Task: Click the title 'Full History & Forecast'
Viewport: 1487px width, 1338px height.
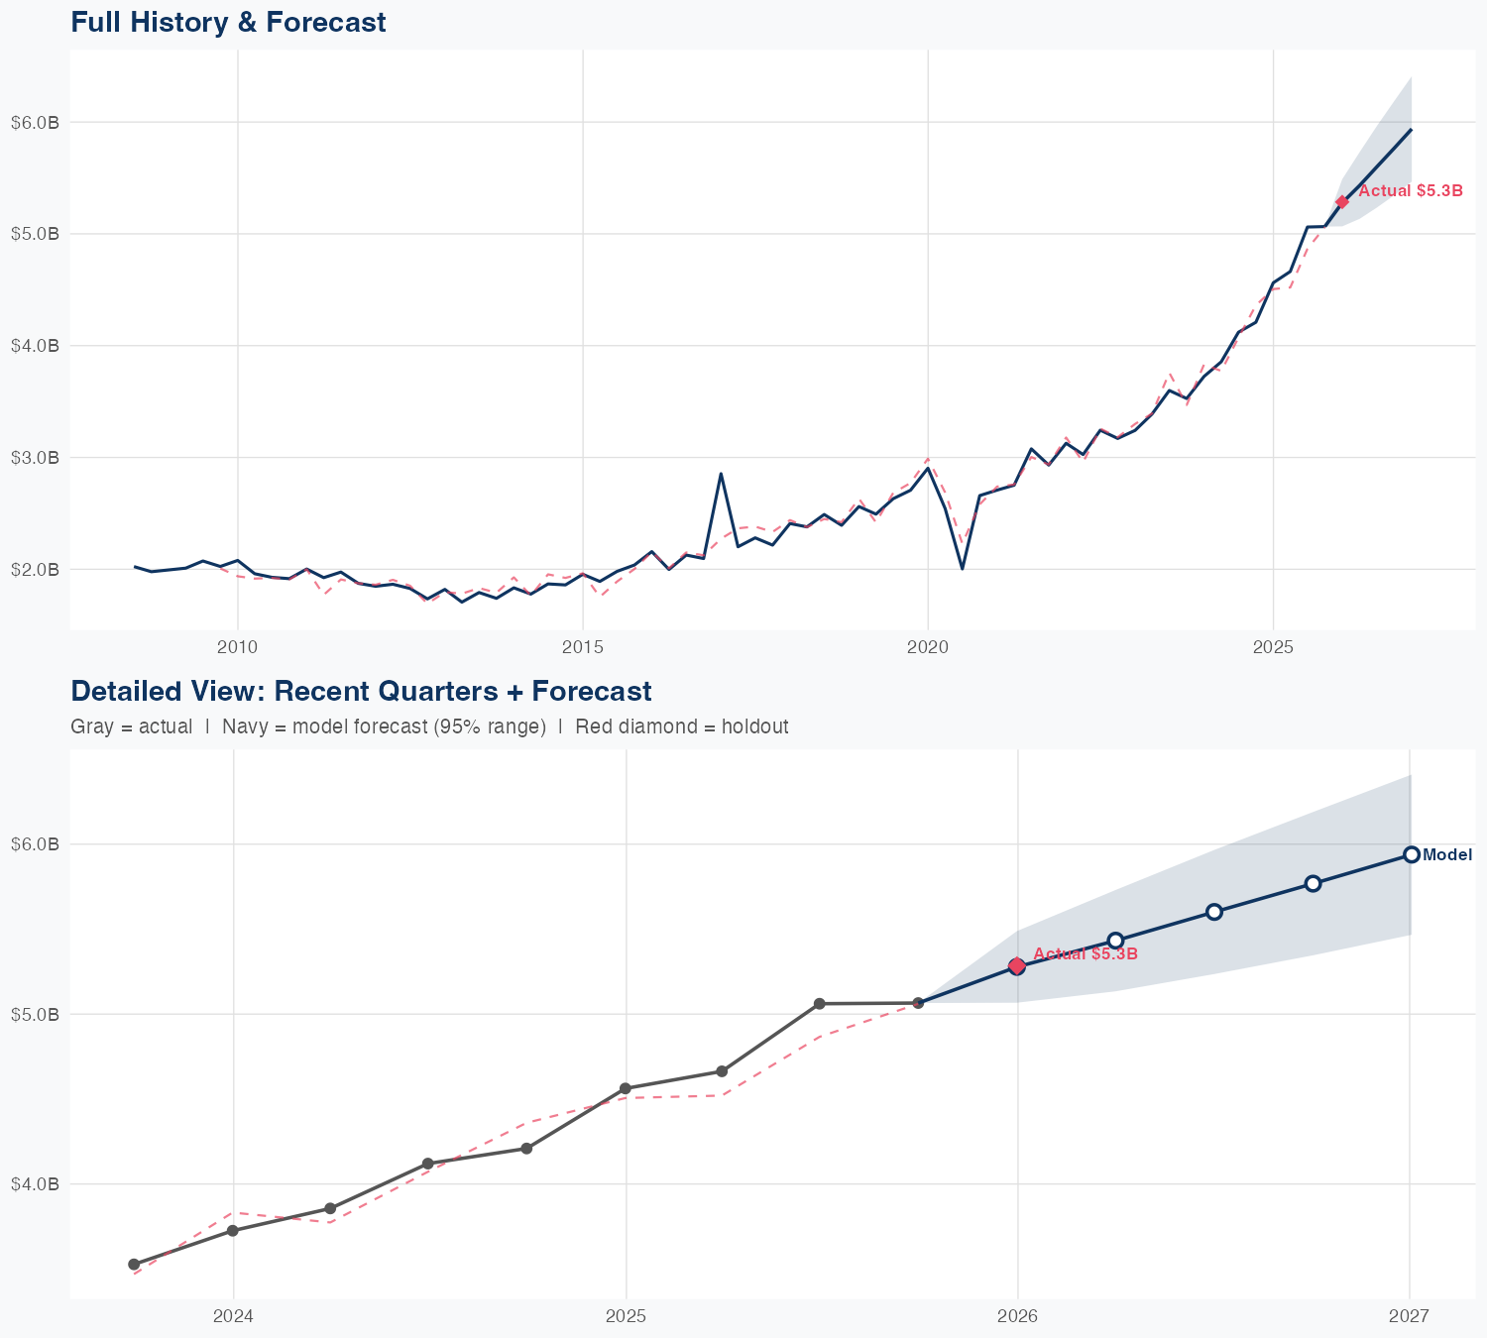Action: click(228, 22)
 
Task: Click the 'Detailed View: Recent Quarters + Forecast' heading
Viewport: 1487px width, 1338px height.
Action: click(361, 691)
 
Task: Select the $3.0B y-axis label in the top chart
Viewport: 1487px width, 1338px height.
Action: click(35, 458)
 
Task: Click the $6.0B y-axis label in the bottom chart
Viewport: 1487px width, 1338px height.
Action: click(35, 844)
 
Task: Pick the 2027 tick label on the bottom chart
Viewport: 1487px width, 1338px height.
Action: click(1409, 1317)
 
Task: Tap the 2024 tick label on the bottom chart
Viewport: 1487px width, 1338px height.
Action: click(233, 1317)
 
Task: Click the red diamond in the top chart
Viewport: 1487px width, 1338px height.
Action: click(1342, 202)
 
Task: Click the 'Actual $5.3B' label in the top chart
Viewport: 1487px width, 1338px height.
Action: click(1410, 191)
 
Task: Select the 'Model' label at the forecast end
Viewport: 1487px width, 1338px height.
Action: click(1447, 855)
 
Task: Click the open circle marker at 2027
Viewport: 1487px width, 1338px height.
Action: click(1411, 855)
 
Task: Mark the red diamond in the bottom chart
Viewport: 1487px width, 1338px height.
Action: click(1016, 965)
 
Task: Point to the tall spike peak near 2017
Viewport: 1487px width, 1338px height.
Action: click(721, 474)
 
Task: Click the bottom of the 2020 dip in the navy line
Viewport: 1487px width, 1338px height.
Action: click(962, 568)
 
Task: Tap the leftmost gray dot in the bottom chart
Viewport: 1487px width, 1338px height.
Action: click(134, 1265)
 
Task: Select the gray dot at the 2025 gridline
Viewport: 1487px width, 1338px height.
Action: click(625, 1088)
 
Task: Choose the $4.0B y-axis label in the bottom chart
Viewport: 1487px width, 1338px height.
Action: click(35, 1183)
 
